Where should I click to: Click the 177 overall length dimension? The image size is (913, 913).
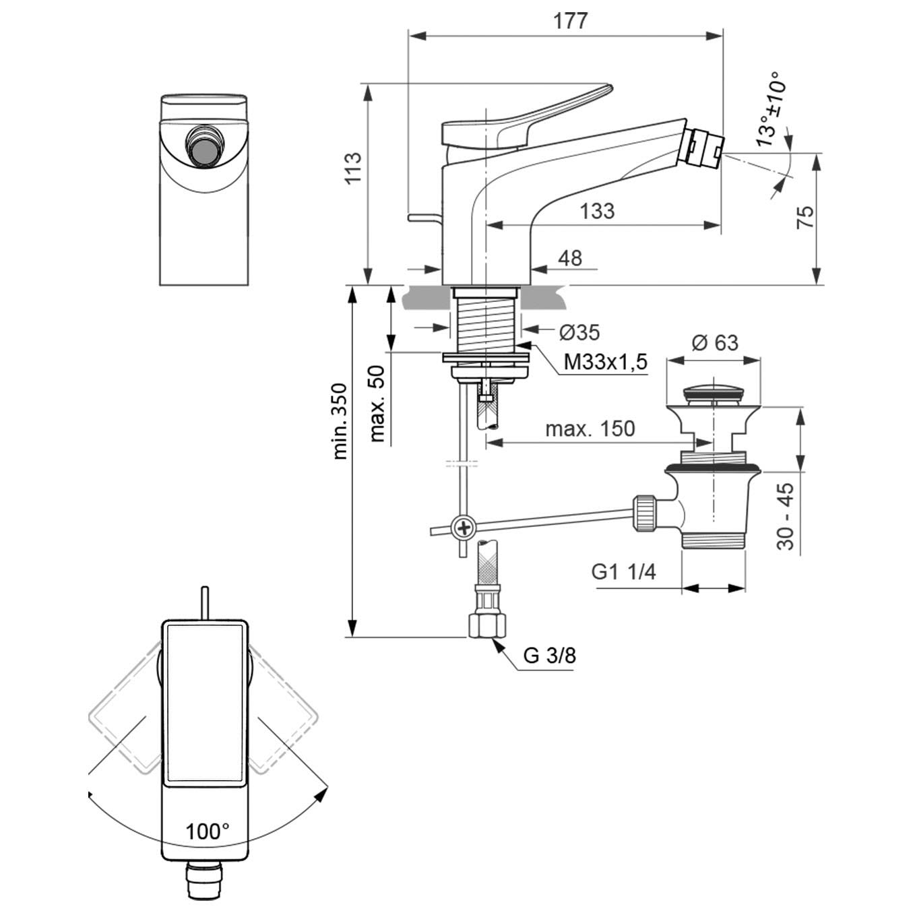570,21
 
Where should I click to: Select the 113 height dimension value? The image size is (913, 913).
352,168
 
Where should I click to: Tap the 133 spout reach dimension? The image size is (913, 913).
597,212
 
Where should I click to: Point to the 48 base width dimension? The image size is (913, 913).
570,258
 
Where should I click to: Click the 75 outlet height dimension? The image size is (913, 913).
806,217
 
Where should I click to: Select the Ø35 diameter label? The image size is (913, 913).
579,332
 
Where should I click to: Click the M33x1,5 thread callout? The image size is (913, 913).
605,363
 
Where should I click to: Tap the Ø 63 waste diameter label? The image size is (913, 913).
715,343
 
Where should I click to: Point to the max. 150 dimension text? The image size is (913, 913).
590,429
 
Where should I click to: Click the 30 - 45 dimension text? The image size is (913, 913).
786,517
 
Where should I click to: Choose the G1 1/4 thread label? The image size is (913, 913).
623,572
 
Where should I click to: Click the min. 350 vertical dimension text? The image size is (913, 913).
340,421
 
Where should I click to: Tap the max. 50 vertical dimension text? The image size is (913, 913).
377,404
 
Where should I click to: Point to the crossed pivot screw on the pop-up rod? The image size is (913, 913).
464,528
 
